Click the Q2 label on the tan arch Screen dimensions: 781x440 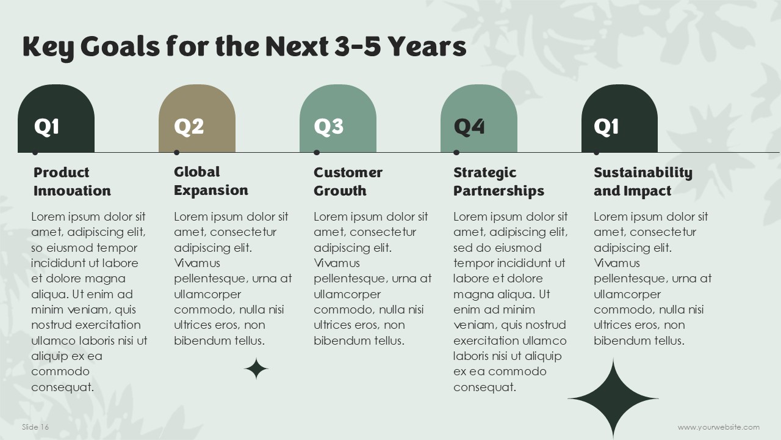pyautogui.click(x=189, y=127)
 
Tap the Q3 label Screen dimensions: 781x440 pyautogui.click(x=328, y=127)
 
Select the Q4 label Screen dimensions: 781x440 pyautogui.click(x=469, y=127)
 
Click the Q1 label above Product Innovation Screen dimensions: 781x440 pyautogui.click(x=46, y=127)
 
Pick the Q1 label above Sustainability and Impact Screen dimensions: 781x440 pyautogui.click(x=606, y=127)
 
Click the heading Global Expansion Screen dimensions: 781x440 pyautogui.click(x=211, y=181)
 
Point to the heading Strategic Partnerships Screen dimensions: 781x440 pyautogui.click(x=498, y=182)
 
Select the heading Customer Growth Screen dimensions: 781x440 pyautogui.click(x=348, y=182)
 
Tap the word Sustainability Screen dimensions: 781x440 pyautogui.click(x=643, y=173)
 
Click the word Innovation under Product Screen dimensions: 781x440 pyautogui.click(x=72, y=191)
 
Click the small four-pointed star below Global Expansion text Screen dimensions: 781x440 pyautogui.click(x=256, y=369)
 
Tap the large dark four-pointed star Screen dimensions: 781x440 pyautogui.click(x=613, y=398)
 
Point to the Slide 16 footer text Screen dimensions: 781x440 pyautogui.click(x=35, y=427)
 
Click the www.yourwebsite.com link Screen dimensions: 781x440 pyautogui.click(x=718, y=427)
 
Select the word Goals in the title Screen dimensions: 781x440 pyautogui.click(x=120, y=46)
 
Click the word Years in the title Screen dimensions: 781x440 pyautogui.click(x=427, y=46)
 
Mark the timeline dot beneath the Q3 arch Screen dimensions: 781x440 pyautogui.click(x=317, y=153)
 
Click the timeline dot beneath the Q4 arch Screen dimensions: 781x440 pyautogui.click(x=456, y=153)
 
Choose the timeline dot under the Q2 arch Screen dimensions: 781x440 pyautogui.click(x=177, y=153)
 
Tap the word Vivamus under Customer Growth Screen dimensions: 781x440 pyautogui.click(x=336, y=263)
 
